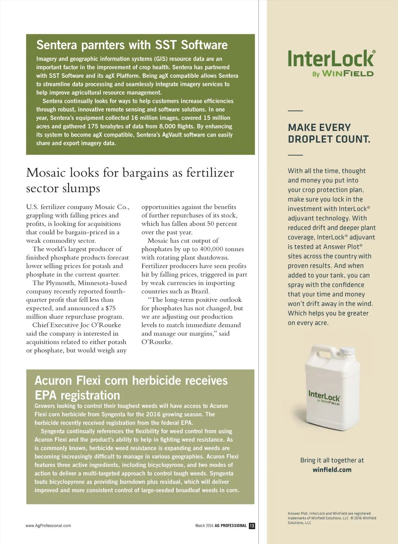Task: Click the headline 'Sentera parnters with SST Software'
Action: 132,45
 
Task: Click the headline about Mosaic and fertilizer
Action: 130,180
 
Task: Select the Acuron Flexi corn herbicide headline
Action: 131,388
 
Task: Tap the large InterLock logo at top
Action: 331,59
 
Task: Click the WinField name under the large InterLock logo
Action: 347,74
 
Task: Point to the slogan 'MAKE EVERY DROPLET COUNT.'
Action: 329,133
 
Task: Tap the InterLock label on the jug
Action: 324,397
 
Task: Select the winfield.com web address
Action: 332,470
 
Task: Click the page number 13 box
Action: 252,526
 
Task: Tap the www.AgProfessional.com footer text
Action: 48,526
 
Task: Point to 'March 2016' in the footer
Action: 204,526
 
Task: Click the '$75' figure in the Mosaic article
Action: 110,308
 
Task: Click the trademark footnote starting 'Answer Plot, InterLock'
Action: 332,518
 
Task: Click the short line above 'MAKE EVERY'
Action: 295,111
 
